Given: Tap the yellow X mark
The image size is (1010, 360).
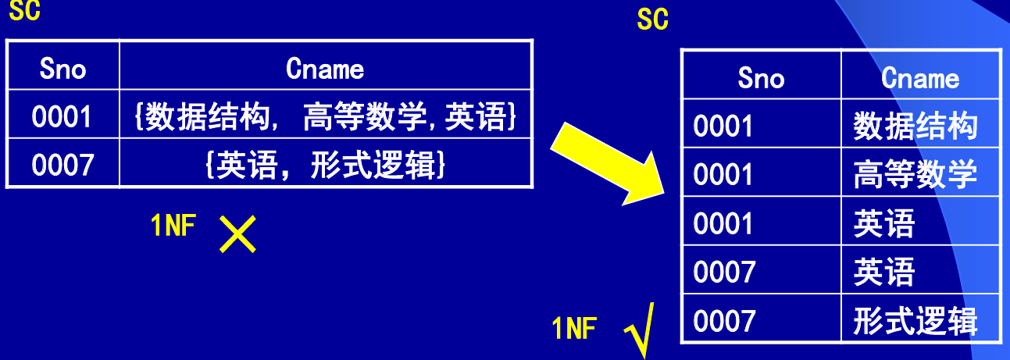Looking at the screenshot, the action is click(237, 233).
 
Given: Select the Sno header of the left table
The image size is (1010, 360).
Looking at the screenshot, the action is click(62, 70).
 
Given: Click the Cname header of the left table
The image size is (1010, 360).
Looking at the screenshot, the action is click(325, 70).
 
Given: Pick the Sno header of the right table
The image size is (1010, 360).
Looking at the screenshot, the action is click(761, 78).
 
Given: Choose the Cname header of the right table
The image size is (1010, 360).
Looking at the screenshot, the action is click(920, 78).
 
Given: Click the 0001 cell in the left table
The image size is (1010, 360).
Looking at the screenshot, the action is click(62, 117).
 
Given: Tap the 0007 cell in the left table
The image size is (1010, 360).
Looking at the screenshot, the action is click(62, 165).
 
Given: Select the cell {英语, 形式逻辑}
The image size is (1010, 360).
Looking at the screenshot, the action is click(325, 165).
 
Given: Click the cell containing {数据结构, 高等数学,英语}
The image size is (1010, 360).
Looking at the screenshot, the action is click(325, 117).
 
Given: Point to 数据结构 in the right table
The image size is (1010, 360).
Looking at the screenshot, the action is click(915, 126).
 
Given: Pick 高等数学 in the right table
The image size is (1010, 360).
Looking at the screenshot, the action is click(915, 175).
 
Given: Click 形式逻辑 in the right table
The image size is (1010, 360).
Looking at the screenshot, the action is click(915, 321).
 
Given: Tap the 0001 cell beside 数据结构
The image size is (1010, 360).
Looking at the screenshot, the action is click(724, 127).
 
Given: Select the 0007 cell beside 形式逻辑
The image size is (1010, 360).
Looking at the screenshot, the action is click(724, 321).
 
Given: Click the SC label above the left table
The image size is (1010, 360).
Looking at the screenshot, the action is click(24, 10).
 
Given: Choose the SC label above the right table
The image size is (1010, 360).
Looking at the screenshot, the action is click(653, 20).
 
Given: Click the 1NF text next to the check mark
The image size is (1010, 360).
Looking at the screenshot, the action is click(575, 329).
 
